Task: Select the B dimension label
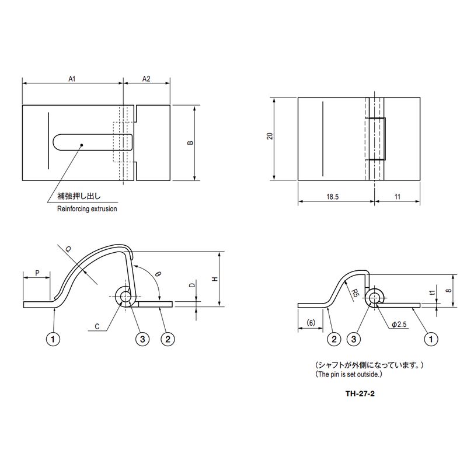pyautogui.click(x=191, y=144)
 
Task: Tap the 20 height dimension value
pyautogui.click(x=269, y=136)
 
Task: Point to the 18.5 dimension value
pyautogui.click(x=333, y=197)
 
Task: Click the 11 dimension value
pyautogui.click(x=398, y=197)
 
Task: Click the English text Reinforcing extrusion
pyautogui.click(x=87, y=209)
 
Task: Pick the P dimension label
pyautogui.click(x=37, y=273)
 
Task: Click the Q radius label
pyautogui.click(x=69, y=249)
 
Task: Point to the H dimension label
pyautogui.click(x=215, y=280)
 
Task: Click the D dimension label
pyautogui.click(x=191, y=287)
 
